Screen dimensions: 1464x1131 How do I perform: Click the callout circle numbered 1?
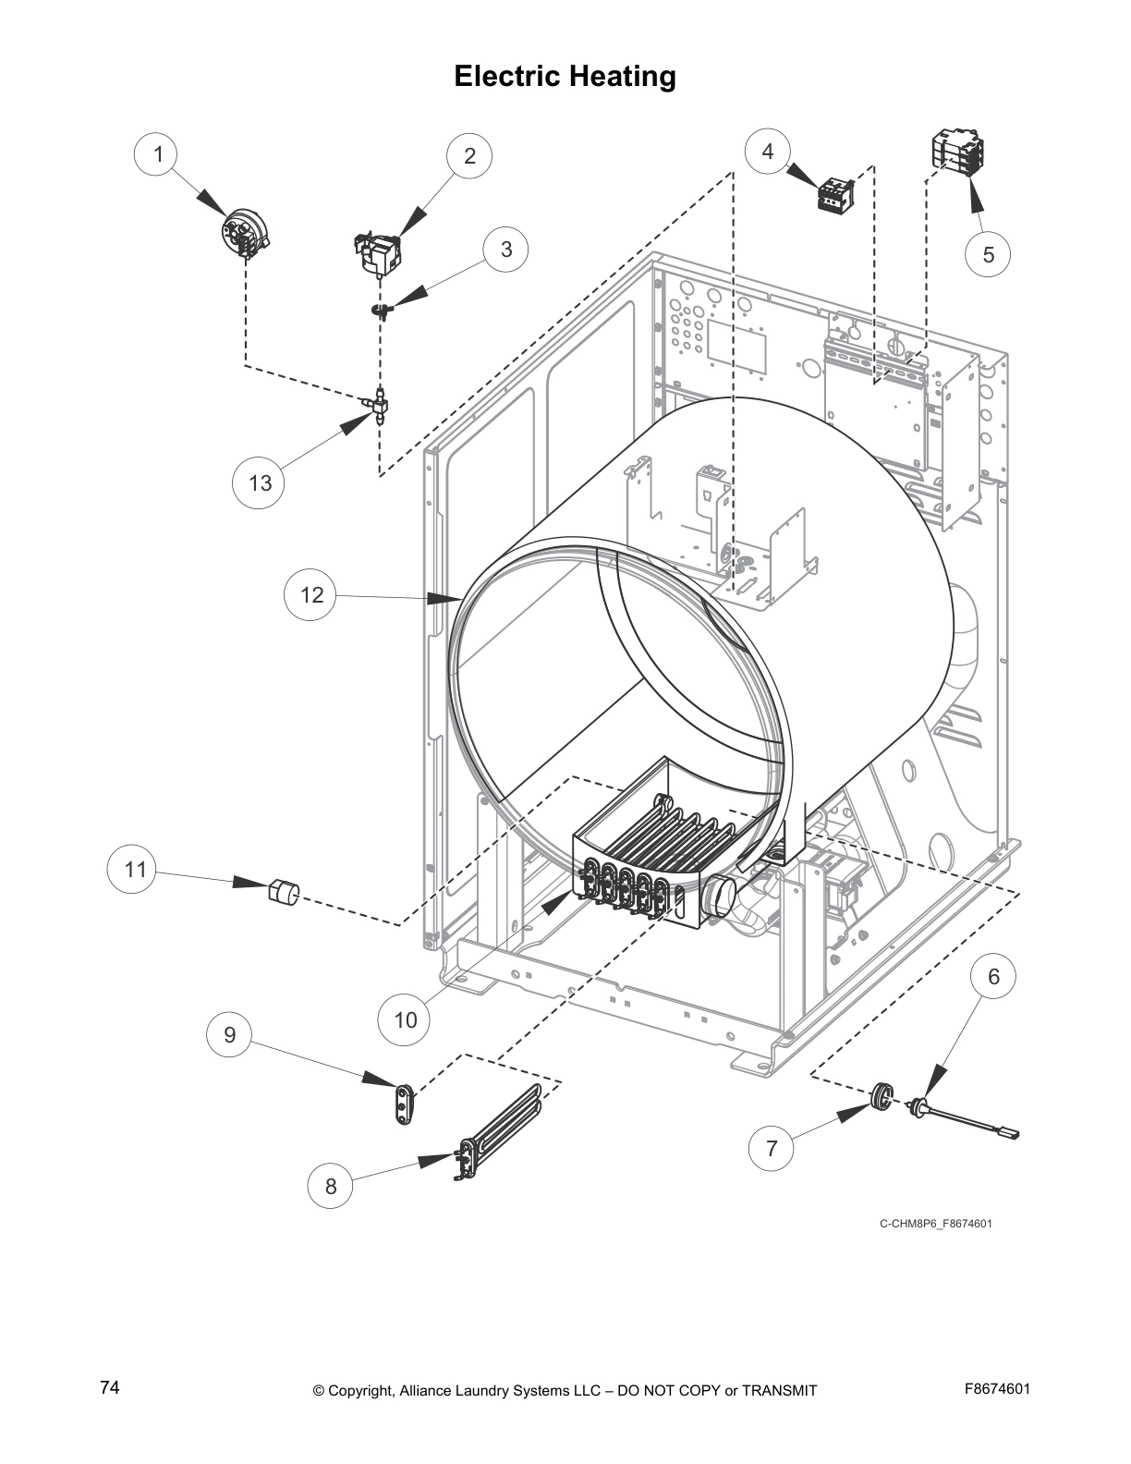pos(158,154)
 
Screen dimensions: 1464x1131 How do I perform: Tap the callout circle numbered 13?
pos(261,482)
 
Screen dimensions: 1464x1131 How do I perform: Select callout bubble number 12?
pos(311,594)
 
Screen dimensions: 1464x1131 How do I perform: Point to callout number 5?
pos(988,254)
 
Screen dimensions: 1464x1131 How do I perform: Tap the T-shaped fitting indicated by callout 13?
pos(379,405)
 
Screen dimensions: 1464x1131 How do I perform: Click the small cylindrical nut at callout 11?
pos(283,893)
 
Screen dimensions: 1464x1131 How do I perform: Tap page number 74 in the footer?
pos(110,1388)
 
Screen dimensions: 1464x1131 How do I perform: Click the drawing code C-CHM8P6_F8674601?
pos(935,1224)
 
